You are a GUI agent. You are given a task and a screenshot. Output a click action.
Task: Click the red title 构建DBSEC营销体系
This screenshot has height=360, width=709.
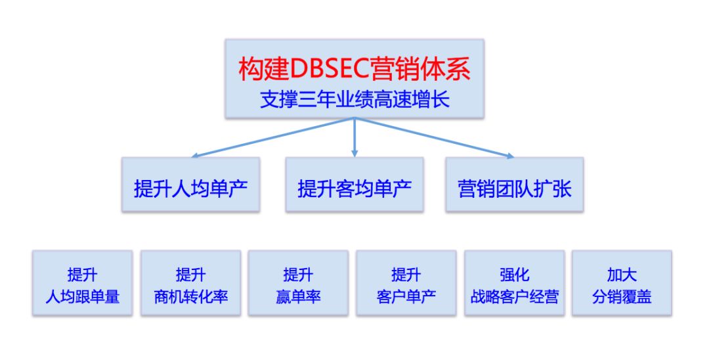click(x=354, y=69)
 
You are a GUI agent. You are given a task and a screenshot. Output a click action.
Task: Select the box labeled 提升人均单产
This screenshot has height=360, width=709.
click(x=190, y=184)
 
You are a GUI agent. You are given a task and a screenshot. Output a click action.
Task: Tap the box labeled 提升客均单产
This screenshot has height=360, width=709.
click(x=354, y=184)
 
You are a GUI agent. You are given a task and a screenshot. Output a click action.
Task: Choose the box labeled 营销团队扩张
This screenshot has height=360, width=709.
click(x=515, y=184)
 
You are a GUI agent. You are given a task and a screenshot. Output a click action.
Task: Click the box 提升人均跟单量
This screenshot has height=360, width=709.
click(x=82, y=282)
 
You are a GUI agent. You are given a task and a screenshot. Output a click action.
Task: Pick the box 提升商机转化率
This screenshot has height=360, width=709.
click(x=190, y=282)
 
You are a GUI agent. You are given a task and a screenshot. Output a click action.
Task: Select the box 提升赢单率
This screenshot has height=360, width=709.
click(x=298, y=282)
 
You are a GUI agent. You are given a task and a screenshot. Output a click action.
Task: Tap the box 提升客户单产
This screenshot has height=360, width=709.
click(x=406, y=282)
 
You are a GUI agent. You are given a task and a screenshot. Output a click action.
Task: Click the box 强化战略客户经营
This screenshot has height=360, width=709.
click(x=514, y=282)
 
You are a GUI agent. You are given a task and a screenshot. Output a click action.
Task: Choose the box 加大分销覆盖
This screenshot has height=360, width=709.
click(x=622, y=282)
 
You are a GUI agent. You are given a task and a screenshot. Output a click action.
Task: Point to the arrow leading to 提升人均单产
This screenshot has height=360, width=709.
click(x=272, y=137)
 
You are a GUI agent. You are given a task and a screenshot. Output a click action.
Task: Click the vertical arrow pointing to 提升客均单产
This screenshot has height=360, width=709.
click(x=354, y=137)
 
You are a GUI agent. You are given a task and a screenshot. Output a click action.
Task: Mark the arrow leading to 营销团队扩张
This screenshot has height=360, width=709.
click(x=435, y=137)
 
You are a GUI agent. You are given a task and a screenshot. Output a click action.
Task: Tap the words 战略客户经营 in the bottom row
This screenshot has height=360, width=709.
click(x=514, y=297)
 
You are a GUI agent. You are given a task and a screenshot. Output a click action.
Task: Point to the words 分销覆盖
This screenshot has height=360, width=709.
click(x=622, y=297)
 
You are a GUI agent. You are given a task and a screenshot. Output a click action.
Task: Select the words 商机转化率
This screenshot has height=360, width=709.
click(x=190, y=297)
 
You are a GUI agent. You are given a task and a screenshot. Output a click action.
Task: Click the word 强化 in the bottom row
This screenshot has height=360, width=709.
click(x=514, y=275)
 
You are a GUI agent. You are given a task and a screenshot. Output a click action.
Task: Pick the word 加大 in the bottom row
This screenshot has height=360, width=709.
click(x=622, y=275)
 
